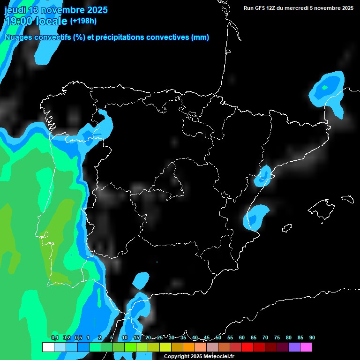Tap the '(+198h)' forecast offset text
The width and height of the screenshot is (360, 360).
point(83,21)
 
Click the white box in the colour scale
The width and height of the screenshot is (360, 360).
point(48,347)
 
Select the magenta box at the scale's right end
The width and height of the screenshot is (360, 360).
point(306,347)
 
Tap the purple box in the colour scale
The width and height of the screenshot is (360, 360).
point(294,347)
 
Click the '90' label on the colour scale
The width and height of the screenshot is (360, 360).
point(312,338)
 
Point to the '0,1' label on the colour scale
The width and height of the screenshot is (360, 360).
point(55,338)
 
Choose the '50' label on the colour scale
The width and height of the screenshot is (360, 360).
point(218,338)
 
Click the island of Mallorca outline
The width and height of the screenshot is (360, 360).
point(321,207)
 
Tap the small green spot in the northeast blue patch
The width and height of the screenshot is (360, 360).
point(324,87)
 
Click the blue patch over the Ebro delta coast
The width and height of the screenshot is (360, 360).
point(263,176)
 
